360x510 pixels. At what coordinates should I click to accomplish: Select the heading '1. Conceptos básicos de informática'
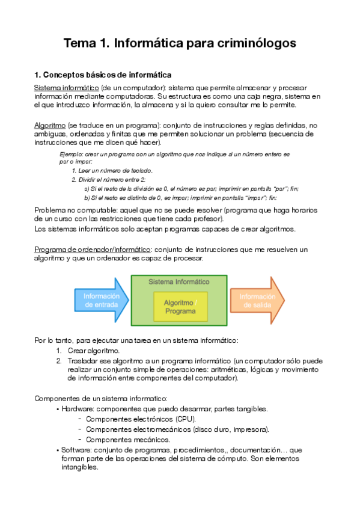coord(103,75)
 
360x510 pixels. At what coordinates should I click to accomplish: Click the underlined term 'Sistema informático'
coord(66,88)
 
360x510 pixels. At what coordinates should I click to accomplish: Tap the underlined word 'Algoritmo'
coord(50,125)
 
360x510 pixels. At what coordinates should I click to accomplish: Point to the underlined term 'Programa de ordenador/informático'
coord(92,250)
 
